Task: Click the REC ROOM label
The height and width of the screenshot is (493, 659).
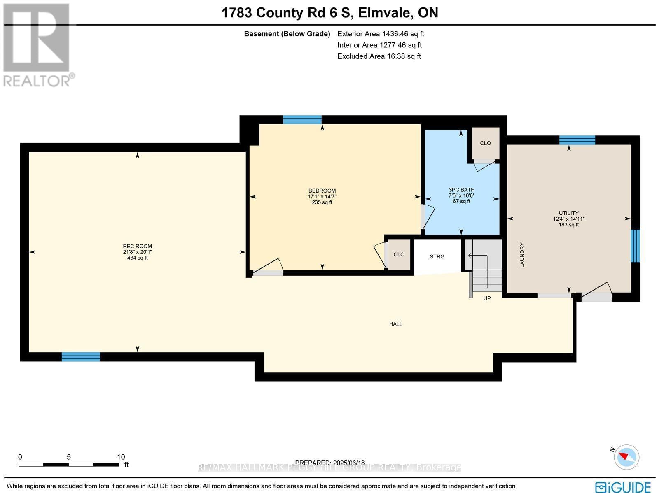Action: pyautogui.click(x=138, y=246)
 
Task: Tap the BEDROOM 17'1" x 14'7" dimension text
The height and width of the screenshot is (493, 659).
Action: pyautogui.click(x=322, y=197)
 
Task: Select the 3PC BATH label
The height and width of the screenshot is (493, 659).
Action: pyautogui.click(x=461, y=190)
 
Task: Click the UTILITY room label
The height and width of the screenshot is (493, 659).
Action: pyautogui.click(x=568, y=213)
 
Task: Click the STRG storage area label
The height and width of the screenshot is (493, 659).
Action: pyautogui.click(x=437, y=257)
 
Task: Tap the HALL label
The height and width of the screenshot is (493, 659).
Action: pyautogui.click(x=395, y=324)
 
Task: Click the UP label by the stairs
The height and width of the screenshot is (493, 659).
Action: pyautogui.click(x=487, y=298)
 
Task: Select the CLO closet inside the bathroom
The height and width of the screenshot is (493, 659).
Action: pyautogui.click(x=485, y=143)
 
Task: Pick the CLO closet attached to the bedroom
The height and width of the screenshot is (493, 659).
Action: pyautogui.click(x=399, y=255)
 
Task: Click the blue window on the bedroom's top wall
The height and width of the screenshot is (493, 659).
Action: pyautogui.click(x=302, y=120)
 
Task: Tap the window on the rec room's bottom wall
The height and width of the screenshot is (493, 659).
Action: pyautogui.click(x=81, y=357)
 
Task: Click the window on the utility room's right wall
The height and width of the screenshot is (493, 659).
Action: pyautogui.click(x=636, y=246)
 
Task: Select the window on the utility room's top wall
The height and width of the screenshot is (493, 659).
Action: pyautogui.click(x=577, y=140)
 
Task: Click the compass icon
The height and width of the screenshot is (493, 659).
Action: pyautogui.click(x=626, y=457)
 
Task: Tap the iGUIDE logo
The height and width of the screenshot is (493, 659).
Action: pyautogui.click(x=623, y=487)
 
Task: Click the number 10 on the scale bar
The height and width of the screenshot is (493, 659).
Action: pyautogui.click(x=121, y=457)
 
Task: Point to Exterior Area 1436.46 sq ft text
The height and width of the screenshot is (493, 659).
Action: pyautogui.click(x=381, y=34)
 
